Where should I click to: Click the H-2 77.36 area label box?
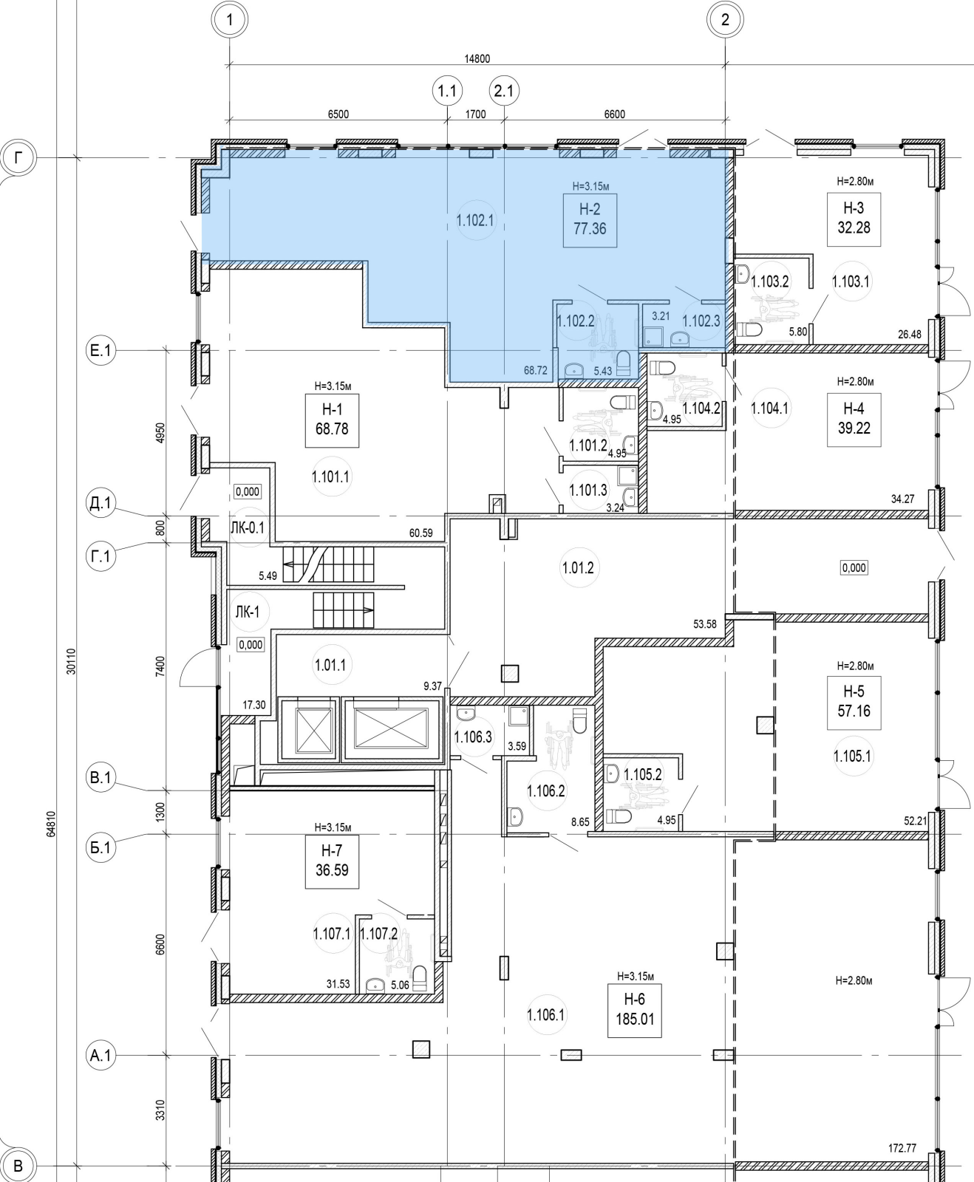pyautogui.click(x=589, y=220)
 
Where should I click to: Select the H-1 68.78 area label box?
pyautogui.click(x=332, y=420)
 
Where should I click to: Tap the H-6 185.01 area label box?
pyautogui.click(x=635, y=1011)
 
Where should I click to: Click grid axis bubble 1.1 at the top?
pyautogui.click(x=447, y=92)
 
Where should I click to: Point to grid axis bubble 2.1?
pyautogui.click(x=505, y=92)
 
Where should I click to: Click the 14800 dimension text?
pyautogui.click(x=477, y=59)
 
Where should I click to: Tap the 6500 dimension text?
pyautogui.click(x=338, y=115)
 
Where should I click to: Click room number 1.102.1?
pyautogui.click(x=474, y=219)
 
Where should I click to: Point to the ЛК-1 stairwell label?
pyautogui.click(x=247, y=612)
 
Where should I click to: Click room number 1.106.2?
pyautogui.click(x=545, y=791)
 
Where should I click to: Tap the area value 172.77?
pyautogui.click(x=902, y=1148)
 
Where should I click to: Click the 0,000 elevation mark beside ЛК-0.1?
pyautogui.click(x=248, y=491)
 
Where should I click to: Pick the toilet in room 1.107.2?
pyautogui.click(x=420, y=978)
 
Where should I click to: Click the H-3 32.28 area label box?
pyautogui.click(x=854, y=219)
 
